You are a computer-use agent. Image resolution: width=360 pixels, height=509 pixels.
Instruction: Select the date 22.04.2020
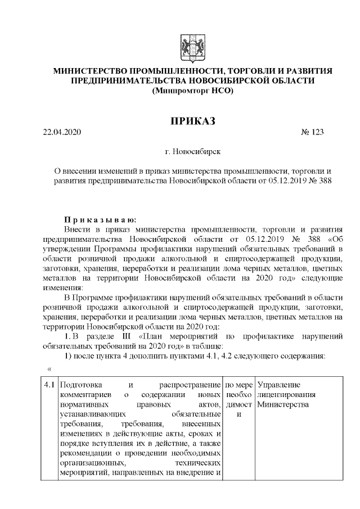pyautogui.click(x=62, y=133)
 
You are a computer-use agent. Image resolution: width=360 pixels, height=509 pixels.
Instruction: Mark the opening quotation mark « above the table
pyautogui.click(x=49, y=369)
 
